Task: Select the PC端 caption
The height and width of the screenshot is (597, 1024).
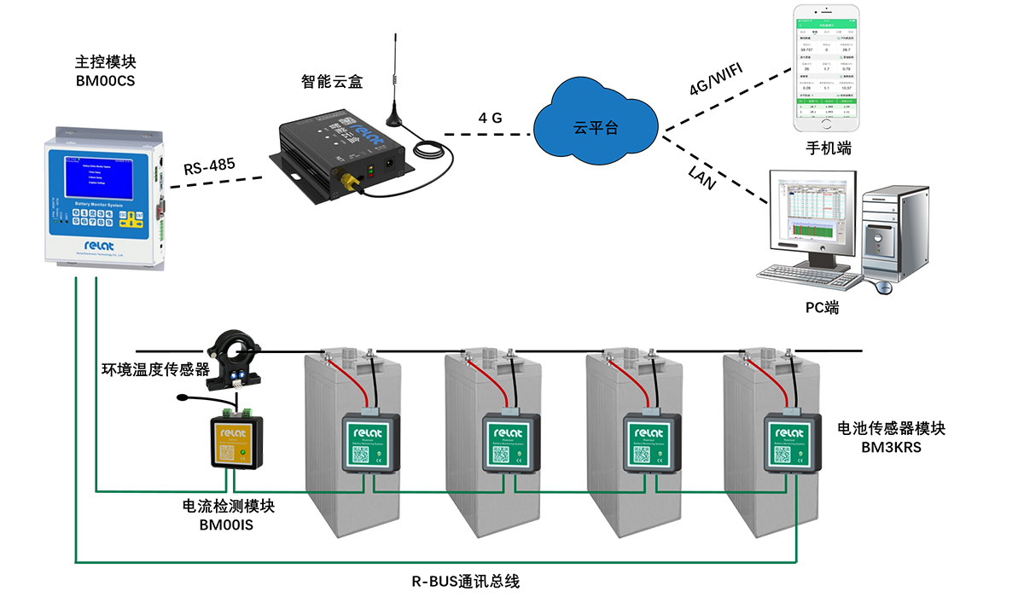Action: (x=823, y=307)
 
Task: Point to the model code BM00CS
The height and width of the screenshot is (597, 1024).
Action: (x=106, y=82)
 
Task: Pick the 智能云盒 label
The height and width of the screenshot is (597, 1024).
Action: (x=332, y=82)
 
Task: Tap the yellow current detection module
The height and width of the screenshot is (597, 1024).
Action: (x=238, y=441)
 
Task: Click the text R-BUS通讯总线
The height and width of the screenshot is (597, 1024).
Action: (x=466, y=582)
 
